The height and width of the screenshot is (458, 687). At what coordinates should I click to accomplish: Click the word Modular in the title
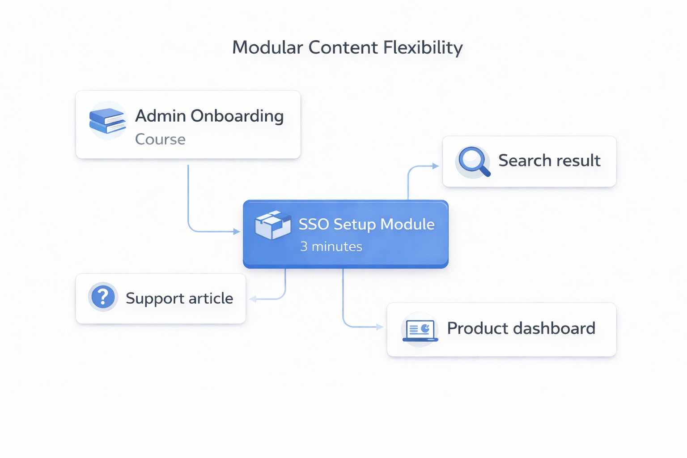coord(267,47)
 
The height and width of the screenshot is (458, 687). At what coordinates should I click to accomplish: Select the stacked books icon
coord(107,121)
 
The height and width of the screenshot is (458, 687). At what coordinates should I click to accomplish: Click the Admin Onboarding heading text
coord(209,116)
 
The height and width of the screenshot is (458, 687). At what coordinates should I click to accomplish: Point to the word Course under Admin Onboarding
coord(160,139)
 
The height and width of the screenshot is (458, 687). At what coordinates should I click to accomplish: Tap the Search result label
coord(549,161)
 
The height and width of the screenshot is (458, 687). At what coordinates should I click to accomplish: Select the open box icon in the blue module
coord(272,225)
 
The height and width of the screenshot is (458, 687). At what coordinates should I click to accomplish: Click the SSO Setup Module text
coord(366,224)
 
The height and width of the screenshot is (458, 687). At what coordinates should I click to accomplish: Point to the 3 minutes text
coord(331,246)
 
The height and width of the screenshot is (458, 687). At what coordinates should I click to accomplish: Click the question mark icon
coord(103,297)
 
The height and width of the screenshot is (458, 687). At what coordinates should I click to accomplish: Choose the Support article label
coord(179,298)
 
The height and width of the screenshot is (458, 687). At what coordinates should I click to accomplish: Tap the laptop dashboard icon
coord(420,331)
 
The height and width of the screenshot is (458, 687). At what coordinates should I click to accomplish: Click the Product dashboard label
coord(521,328)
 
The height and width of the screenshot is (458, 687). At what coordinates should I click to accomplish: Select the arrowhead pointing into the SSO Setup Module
coord(237,232)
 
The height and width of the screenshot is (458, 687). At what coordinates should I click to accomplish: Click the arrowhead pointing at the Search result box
coord(436,166)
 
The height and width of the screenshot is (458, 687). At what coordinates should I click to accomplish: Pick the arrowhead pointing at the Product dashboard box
coord(380,327)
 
